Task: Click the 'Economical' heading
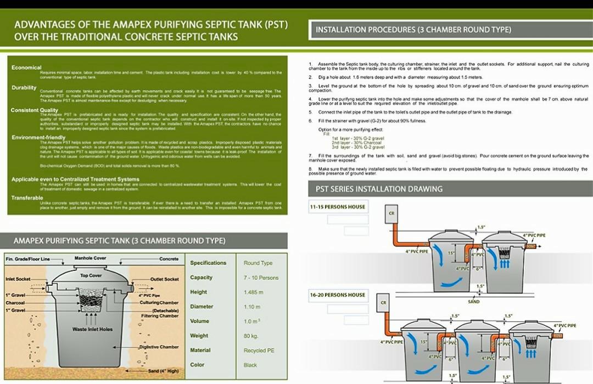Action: (26, 67)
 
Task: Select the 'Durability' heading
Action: (24, 88)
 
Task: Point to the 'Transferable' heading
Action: (27, 197)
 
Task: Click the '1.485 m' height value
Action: (253, 292)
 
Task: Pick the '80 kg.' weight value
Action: (250, 335)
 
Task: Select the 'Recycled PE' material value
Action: (259, 350)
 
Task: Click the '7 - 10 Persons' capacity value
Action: (261, 278)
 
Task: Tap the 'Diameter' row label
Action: (202, 307)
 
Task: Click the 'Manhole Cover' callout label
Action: (90, 258)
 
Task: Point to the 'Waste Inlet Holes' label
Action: (92, 329)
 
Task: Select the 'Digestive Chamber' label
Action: (159, 347)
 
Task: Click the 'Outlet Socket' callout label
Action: (164, 279)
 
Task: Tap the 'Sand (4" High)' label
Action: (163, 371)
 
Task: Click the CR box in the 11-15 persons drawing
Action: (391, 213)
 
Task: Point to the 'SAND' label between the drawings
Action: (473, 302)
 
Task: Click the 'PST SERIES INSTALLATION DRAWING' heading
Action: (379, 189)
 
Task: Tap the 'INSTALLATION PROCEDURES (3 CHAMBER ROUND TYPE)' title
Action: (413, 30)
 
